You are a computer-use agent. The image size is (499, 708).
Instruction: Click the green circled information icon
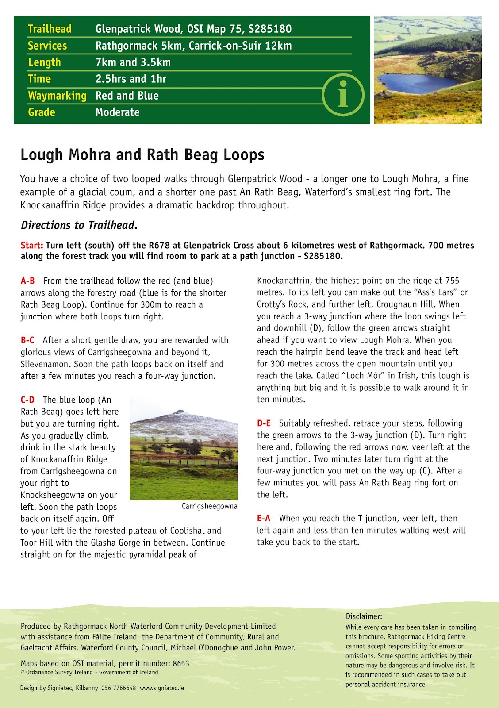[343, 95]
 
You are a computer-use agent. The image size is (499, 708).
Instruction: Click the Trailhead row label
[50, 29]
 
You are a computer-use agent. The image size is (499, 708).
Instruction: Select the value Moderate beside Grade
[118, 112]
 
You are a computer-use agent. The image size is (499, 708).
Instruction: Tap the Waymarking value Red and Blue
[127, 96]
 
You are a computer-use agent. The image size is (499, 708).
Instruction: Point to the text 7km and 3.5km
[133, 62]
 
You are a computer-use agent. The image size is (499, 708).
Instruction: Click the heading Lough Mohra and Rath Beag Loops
[142, 155]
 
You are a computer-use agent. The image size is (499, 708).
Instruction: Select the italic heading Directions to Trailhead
[79, 225]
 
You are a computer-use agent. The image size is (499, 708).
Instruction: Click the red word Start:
[32, 246]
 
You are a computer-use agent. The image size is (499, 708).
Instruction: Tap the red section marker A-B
[27, 281]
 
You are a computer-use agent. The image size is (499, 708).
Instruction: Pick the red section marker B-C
[27, 340]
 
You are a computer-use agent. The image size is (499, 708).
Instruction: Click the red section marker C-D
[27, 400]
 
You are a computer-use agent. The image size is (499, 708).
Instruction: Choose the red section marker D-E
[264, 423]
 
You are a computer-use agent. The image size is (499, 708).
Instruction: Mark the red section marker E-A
[264, 519]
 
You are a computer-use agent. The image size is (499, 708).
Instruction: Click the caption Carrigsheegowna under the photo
[209, 506]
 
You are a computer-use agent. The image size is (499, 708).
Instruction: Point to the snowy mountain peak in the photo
[179, 413]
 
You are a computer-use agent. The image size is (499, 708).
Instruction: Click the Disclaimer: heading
[364, 616]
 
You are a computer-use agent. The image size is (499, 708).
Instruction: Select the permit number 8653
[181, 663]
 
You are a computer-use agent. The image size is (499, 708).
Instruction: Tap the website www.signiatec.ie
[162, 688]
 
